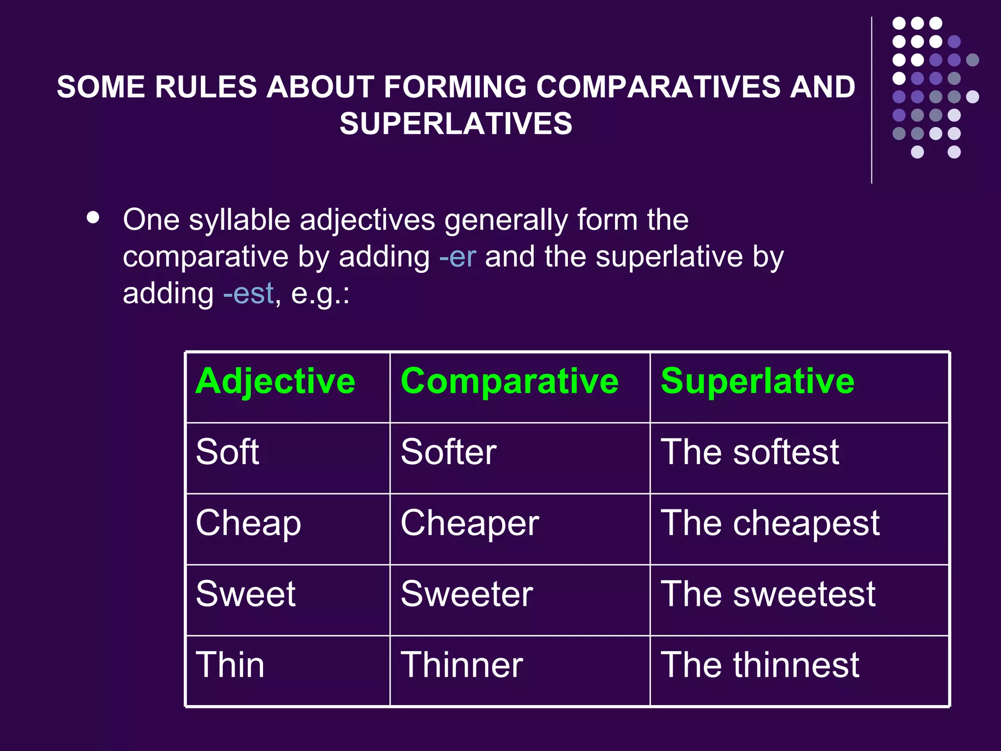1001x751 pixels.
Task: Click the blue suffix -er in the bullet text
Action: point(457,257)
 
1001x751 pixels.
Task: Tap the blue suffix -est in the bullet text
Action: point(248,294)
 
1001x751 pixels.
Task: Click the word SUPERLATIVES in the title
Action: point(456,123)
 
